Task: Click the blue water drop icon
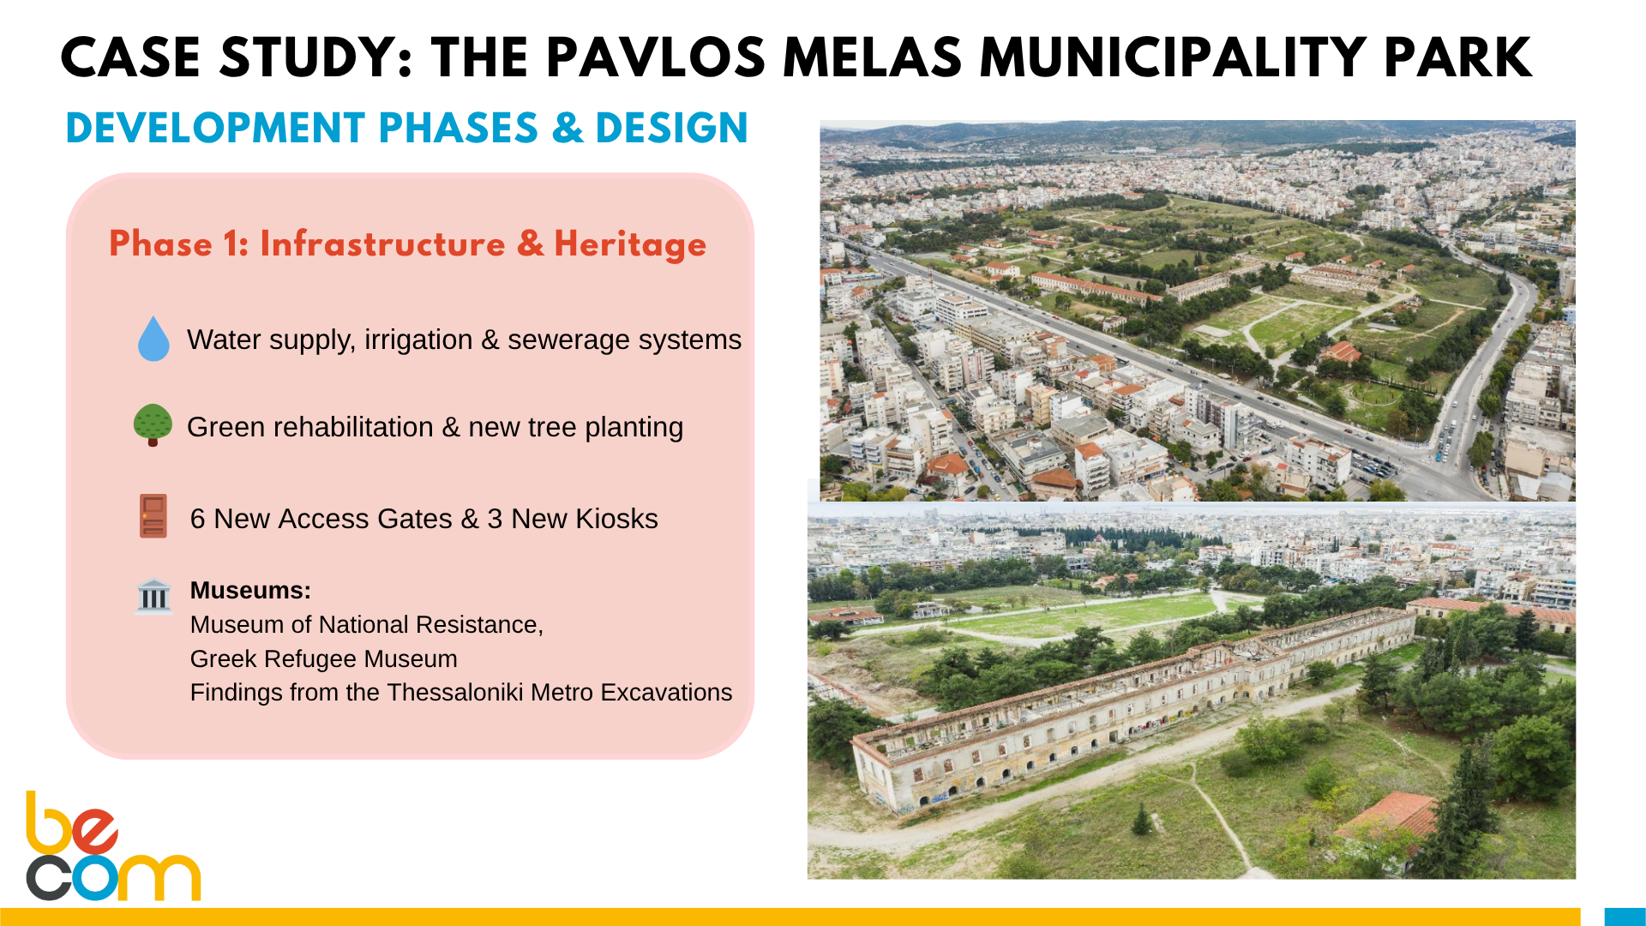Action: (x=153, y=339)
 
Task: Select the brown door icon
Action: (x=153, y=516)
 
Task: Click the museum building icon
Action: (x=154, y=596)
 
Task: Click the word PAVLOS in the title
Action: (x=655, y=58)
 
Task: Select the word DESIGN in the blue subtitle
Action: (x=671, y=128)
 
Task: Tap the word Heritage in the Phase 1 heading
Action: (x=630, y=245)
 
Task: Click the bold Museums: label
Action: (x=250, y=591)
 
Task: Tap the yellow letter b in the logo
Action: (x=49, y=822)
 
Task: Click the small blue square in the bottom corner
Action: (x=1625, y=917)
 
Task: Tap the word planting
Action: (x=634, y=428)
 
